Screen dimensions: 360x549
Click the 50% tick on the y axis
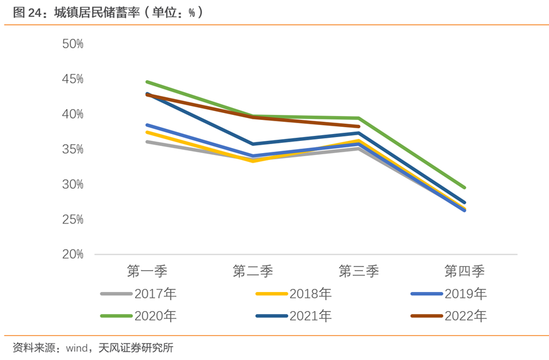(x=73, y=44)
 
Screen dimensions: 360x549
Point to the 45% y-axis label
(x=73, y=79)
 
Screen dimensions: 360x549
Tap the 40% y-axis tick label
(x=73, y=114)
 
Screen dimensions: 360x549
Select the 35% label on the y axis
(x=73, y=149)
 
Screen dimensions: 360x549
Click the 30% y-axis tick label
(x=73, y=184)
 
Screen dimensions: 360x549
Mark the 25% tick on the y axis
(x=73, y=219)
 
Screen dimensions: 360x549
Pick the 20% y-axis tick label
(x=73, y=254)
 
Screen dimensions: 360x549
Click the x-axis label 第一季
(x=147, y=271)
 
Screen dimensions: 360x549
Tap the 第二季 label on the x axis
(x=253, y=271)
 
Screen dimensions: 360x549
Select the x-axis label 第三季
(x=359, y=271)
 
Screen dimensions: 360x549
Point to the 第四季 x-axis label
(x=464, y=271)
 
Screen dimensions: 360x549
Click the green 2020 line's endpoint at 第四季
(x=465, y=188)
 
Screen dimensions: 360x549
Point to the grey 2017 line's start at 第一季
(x=147, y=142)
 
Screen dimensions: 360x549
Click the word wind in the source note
(x=77, y=347)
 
